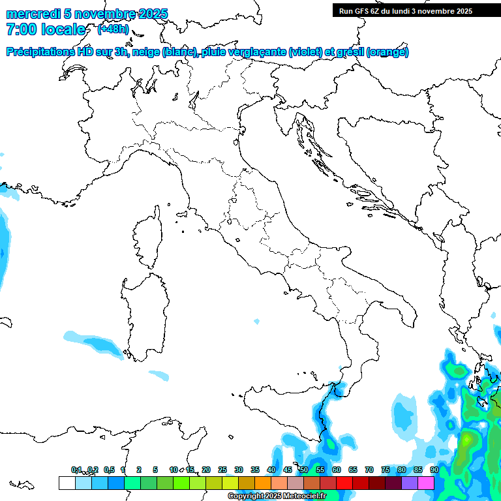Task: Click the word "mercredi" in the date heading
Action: tap(33, 14)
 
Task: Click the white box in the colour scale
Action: tap(67, 483)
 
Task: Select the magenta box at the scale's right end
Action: tap(426, 483)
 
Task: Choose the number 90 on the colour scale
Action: tap(434, 470)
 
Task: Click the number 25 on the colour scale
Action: tap(222, 470)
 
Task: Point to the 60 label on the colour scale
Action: tap(336, 470)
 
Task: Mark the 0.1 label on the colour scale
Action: tap(76, 470)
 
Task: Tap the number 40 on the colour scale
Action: tap(271, 470)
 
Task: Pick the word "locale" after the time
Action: tap(63, 29)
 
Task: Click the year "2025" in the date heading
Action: tap(151, 14)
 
